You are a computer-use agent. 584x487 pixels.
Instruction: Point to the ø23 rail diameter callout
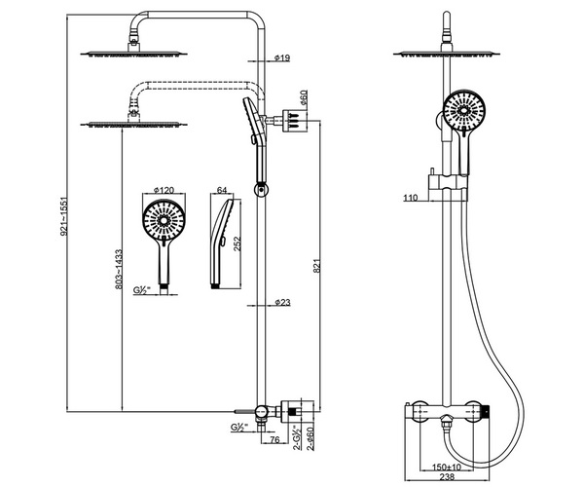(x=282, y=303)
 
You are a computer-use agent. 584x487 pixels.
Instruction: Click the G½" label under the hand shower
(x=142, y=291)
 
